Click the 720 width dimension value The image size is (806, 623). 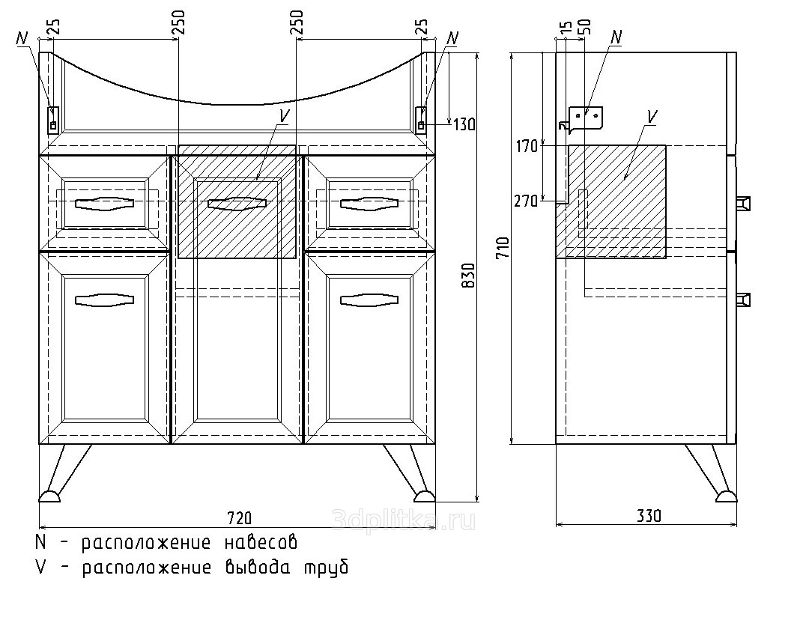point(239,517)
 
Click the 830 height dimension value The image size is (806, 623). point(468,278)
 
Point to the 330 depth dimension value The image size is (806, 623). point(649,516)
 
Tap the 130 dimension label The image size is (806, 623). point(464,124)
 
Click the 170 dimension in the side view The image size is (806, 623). point(526,146)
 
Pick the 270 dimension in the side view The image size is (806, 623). point(526,201)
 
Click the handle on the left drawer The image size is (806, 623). point(105,203)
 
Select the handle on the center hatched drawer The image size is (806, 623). point(237,203)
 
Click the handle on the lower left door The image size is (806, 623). point(105,300)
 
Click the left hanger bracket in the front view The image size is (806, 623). point(53,119)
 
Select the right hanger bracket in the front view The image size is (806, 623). point(422,119)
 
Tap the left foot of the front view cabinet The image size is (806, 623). point(51,495)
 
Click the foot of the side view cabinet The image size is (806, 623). point(725,495)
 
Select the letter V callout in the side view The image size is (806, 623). point(651,115)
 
